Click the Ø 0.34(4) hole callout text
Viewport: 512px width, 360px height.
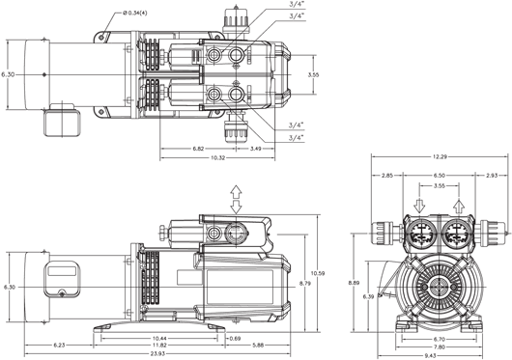tap(135, 14)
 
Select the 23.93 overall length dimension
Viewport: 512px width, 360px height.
tap(157, 354)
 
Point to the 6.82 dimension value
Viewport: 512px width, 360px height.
tap(198, 149)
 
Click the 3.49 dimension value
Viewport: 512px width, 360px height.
tap(255, 149)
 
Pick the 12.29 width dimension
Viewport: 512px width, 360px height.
tap(440, 157)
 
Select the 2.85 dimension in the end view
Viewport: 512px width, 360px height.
tap(387, 176)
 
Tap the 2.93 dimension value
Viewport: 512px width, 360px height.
tap(492, 176)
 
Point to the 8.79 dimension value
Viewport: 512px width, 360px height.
tap(304, 284)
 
